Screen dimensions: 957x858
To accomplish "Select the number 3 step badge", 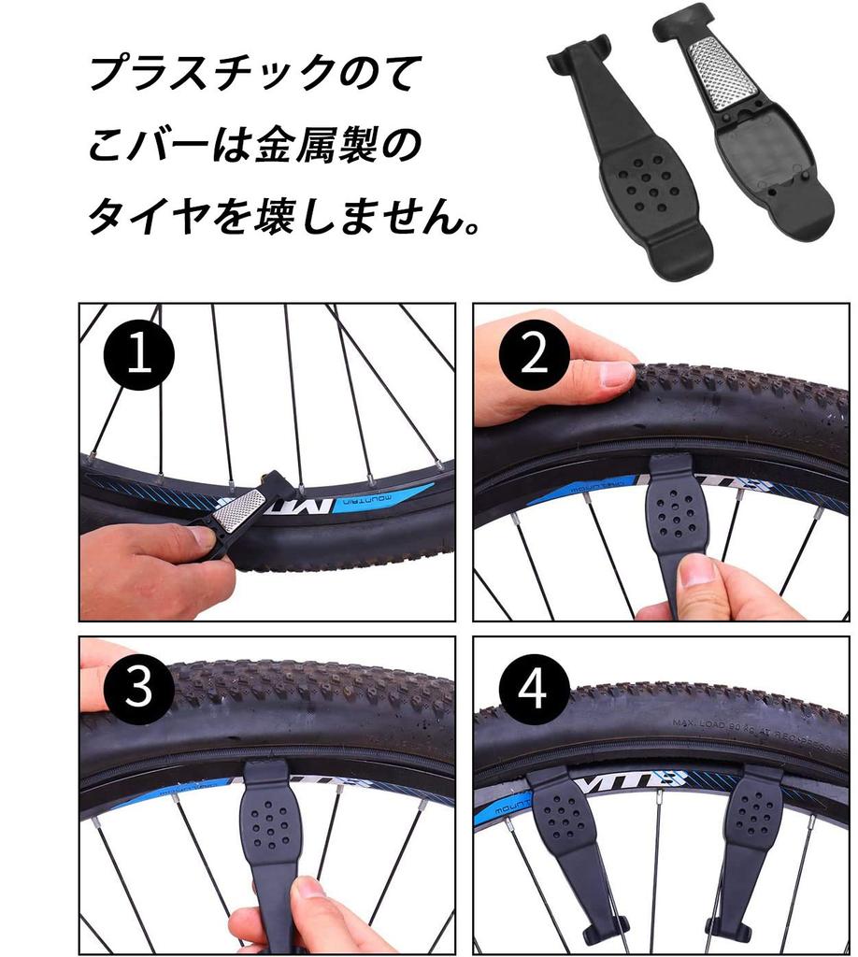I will pos(138,691).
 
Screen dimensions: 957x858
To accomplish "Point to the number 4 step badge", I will pos(534,691).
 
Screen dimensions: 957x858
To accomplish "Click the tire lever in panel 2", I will pos(676,523).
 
